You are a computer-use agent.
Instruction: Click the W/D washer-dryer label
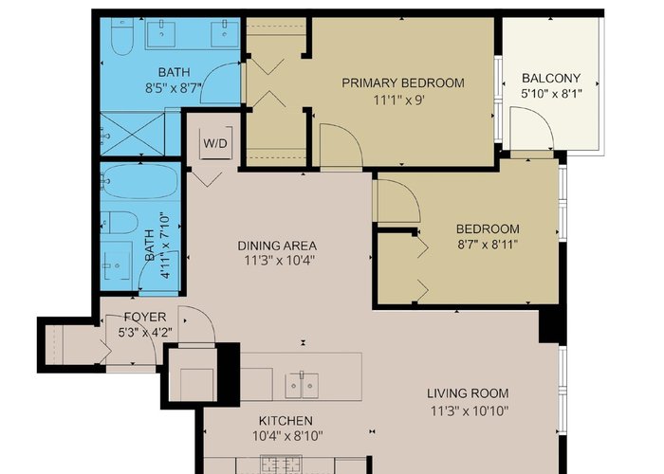pyautogui.click(x=215, y=143)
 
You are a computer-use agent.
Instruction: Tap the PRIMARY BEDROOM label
pyautogui.click(x=403, y=82)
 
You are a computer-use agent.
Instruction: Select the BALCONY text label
pyautogui.click(x=551, y=78)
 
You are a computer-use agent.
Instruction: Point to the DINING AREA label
pyautogui.click(x=277, y=246)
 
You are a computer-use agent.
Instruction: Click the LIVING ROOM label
pyautogui.click(x=468, y=393)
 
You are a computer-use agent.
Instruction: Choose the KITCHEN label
pyautogui.click(x=286, y=421)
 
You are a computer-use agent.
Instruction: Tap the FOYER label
pyautogui.click(x=145, y=317)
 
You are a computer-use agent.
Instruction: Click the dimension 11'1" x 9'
pyautogui.click(x=399, y=100)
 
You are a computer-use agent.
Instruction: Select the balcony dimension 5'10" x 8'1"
pyautogui.click(x=551, y=93)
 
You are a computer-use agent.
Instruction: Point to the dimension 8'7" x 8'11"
pyautogui.click(x=488, y=245)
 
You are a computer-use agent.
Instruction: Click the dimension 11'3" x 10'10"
pyautogui.click(x=470, y=410)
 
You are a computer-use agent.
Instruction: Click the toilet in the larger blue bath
pyautogui.click(x=122, y=37)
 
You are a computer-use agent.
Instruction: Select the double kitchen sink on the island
pyautogui.click(x=302, y=385)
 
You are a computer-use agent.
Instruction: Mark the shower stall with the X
pyautogui.click(x=133, y=134)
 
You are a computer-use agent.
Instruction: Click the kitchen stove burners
pyautogui.click(x=281, y=465)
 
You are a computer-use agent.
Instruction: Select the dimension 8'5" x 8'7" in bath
pyautogui.click(x=174, y=88)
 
